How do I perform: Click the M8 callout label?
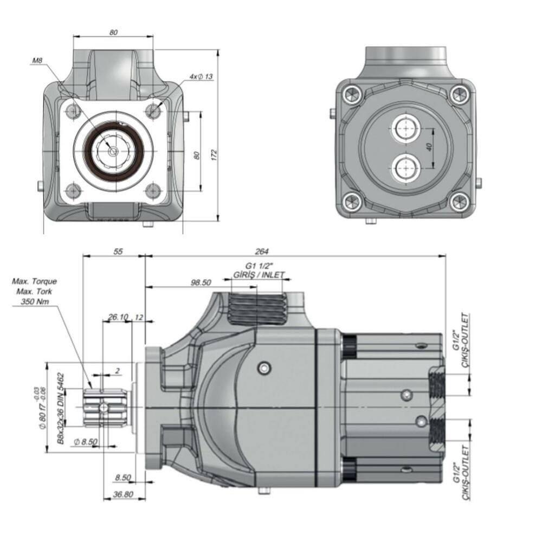point(37,60)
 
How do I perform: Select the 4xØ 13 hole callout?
point(202,77)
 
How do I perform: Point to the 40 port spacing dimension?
point(429,147)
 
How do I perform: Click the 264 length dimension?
point(262,251)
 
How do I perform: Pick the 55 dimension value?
point(118,251)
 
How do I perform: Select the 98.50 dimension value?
point(201,282)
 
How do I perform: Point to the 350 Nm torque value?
point(33,301)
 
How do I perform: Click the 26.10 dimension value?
point(118,317)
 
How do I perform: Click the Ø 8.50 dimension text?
point(86,442)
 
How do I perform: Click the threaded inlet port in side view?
point(257,309)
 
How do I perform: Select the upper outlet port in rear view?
point(405,128)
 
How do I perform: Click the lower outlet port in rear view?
point(405,168)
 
